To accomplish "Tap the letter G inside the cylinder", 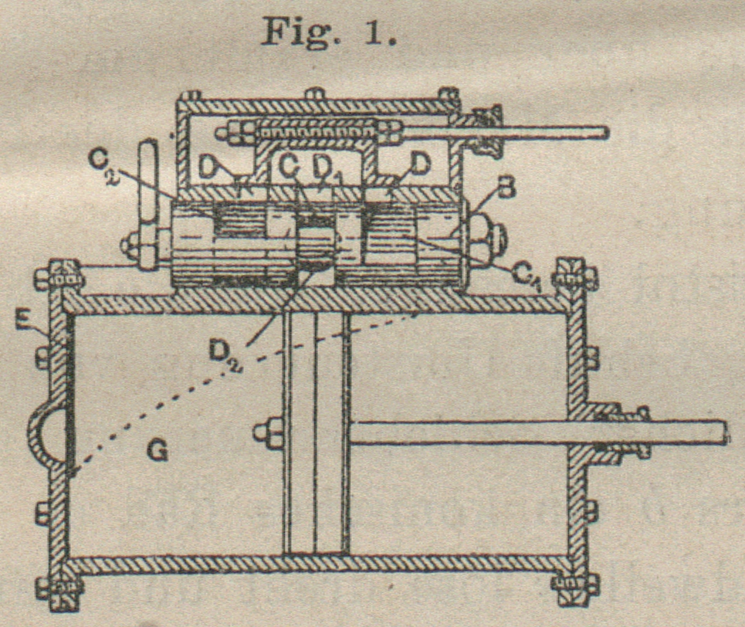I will click(159, 450).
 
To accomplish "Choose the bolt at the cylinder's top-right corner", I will click(576, 275).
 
